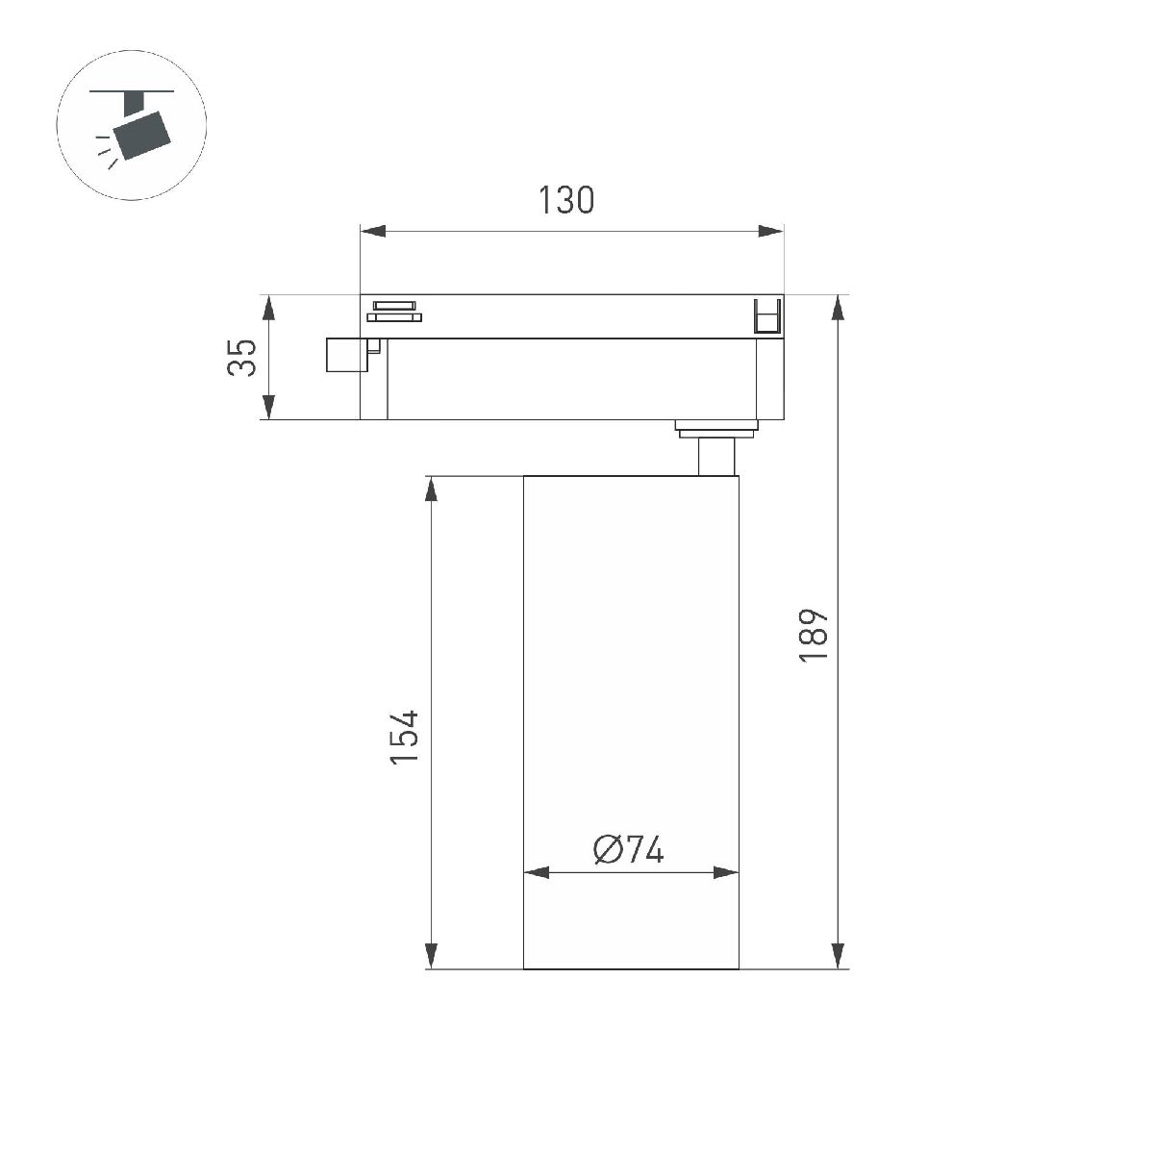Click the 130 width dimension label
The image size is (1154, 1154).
(565, 200)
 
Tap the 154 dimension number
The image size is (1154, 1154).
(405, 737)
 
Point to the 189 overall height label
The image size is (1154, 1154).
(814, 634)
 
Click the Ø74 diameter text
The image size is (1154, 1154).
(629, 849)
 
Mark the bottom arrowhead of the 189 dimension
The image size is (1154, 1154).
(839, 954)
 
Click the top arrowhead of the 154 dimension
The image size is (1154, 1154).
(432, 489)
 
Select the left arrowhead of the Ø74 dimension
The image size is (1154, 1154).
(536, 873)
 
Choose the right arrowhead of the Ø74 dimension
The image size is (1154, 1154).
(726, 873)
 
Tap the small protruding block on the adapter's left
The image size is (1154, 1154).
(344, 354)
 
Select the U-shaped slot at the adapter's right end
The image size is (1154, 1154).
(767, 317)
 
